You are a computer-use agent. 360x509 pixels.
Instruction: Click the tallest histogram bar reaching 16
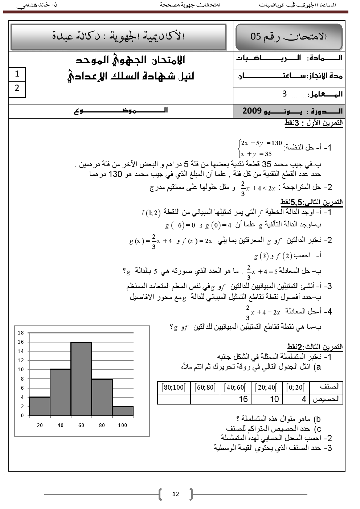pyautogui.click(x=81, y=379)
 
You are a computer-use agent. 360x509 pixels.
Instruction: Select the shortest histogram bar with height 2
pyautogui.click(x=123, y=411)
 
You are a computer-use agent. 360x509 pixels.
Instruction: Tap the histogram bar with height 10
pyautogui.click(x=60, y=392)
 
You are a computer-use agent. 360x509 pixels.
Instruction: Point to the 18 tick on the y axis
pyautogui.click(x=21, y=333)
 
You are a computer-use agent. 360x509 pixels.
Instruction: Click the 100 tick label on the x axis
pyautogui.click(x=123, y=425)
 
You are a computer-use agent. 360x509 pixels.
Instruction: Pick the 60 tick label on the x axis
pyautogui.click(x=81, y=425)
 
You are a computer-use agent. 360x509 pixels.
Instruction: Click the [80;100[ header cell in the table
pyautogui.click(x=174, y=387)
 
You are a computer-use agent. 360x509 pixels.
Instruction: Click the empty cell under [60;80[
pyautogui.click(x=205, y=399)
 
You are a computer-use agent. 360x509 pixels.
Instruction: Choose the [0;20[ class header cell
pyautogui.click(x=295, y=387)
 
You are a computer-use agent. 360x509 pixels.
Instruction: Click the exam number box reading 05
pyautogui.click(x=289, y=37)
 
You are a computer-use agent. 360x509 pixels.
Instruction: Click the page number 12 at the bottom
pyautogui.click(x=176, y=494)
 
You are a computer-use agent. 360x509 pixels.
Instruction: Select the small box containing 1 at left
pyautogui.click(x=17, y=74)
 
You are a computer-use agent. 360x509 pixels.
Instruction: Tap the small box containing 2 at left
pyautogui.click(x=17, y=88)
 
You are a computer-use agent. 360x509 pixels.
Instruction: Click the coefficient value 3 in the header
pyautogui.click(x=285, y=94)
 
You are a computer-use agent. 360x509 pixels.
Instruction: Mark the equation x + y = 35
pyautogui.click(x=257, y=154)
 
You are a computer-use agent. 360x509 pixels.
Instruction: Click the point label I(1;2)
pyautogui.click(x=150, y=213)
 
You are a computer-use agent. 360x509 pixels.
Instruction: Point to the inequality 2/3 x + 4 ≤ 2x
pyautogui.click(x=258, y=188)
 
